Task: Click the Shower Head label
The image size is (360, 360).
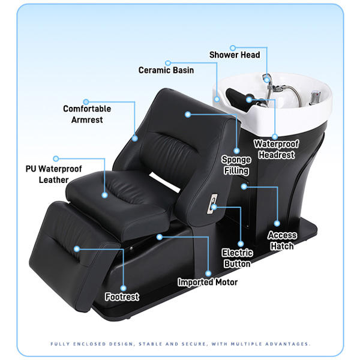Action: pos(235,55)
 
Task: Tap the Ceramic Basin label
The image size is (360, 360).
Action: pos(166,70)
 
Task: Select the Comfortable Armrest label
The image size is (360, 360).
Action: pos(87,114)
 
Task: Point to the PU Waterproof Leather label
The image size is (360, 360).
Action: pos(53,174)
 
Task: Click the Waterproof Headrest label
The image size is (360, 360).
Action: pos(274,149)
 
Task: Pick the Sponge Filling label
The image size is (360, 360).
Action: pos(236,165)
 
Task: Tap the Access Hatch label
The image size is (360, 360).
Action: pos(281,241)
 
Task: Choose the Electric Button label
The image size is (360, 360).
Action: pos(237,258)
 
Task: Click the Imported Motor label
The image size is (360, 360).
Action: pos(208,282)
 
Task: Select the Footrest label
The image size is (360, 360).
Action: pos(122,296)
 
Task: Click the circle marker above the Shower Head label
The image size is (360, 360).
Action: pos(232,46)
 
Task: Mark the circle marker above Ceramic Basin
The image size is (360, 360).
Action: pos(168,62)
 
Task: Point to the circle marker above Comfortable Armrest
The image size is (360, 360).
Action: pos(86,101)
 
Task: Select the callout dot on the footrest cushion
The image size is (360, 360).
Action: pos(76,248)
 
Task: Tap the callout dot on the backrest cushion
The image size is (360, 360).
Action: pos(188,113)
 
